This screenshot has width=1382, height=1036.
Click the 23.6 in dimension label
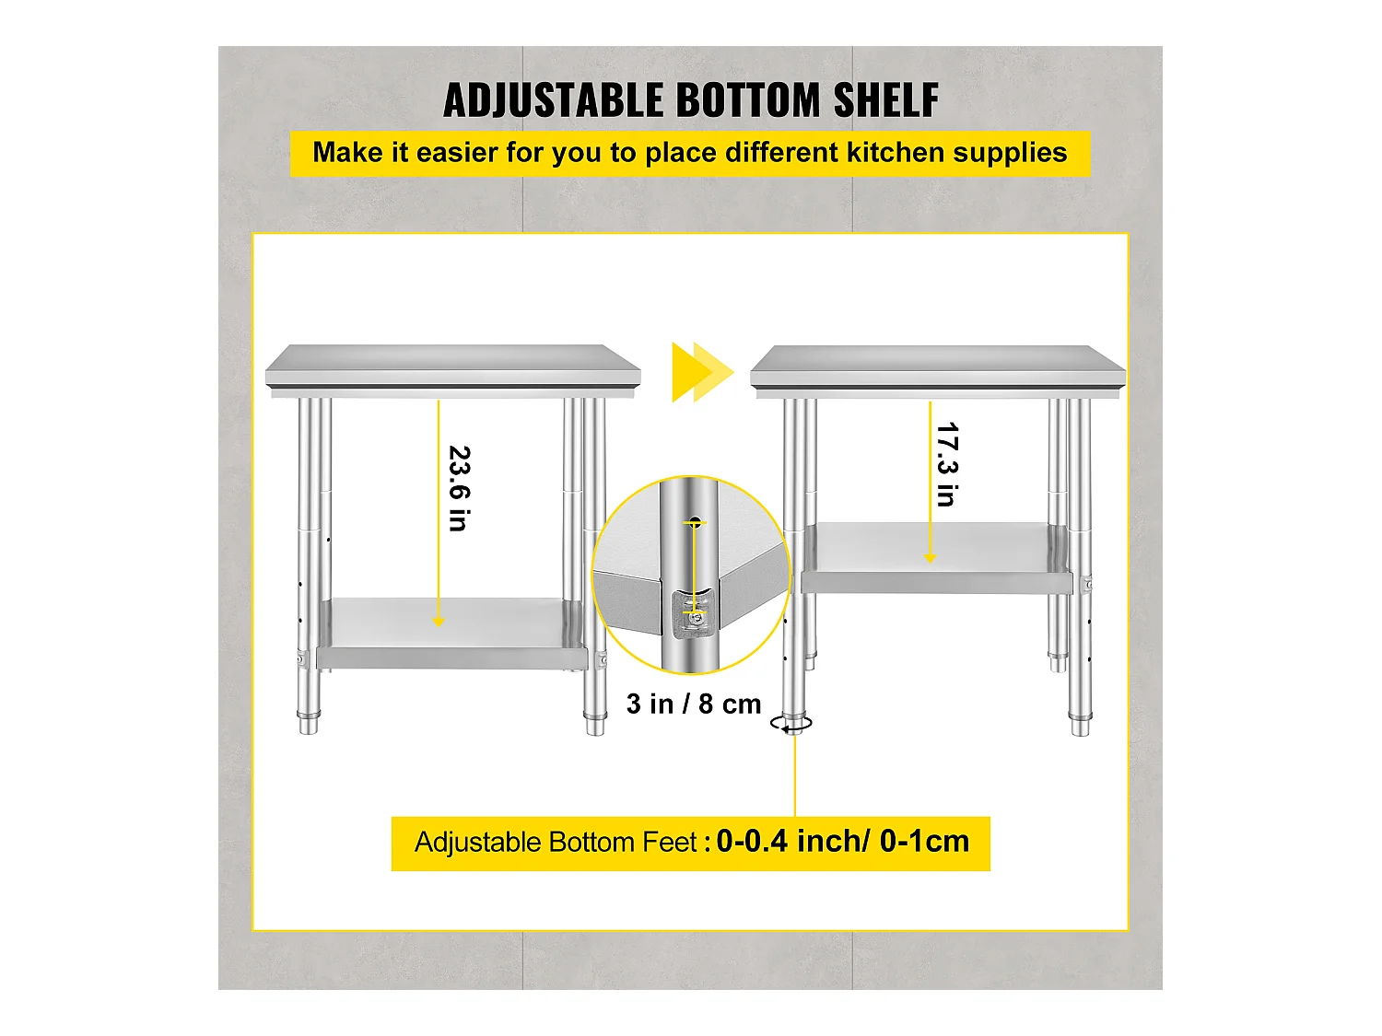pyautogui.click(x=459, y=488)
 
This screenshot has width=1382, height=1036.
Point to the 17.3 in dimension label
pyautogui.click(x=946, y=464)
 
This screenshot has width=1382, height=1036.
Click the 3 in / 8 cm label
pyautogui.click(x=694, y=704)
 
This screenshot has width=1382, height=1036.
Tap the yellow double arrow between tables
pyautogui.click(x=701, y=372)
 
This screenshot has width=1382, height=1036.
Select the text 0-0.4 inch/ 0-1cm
pyautogui.click(x=842, y=842)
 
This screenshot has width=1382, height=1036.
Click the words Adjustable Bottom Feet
pyautogui.click(x=556, y=843)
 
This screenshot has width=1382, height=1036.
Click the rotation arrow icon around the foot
pyautogui.click(x=792, y=725)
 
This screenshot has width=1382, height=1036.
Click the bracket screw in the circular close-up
pyautogui.click(x=693, y=623)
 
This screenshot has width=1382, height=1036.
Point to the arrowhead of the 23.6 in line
pyautogui.click(x=439, y=622)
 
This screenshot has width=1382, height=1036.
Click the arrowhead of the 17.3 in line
pyautogui.click(x=930, y=558)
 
